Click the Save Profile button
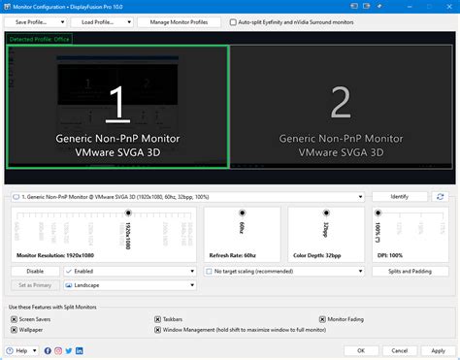tap(37, 20)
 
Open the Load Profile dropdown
tap(100, 20)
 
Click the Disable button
tap(35, 272)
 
